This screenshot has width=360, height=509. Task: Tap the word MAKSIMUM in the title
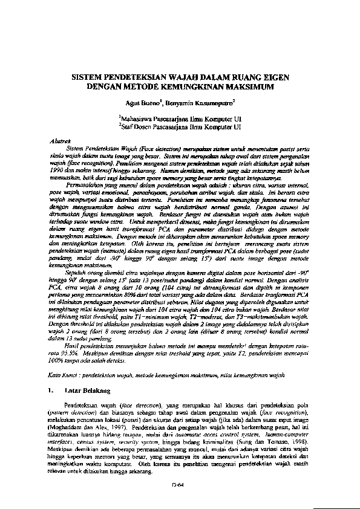[x=249, y=87]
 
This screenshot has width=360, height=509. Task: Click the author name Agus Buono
[x=149, y=103]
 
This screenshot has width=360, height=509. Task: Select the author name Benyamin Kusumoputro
[x=195, y=103]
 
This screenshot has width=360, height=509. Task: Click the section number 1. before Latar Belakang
[x=50, y=391]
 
